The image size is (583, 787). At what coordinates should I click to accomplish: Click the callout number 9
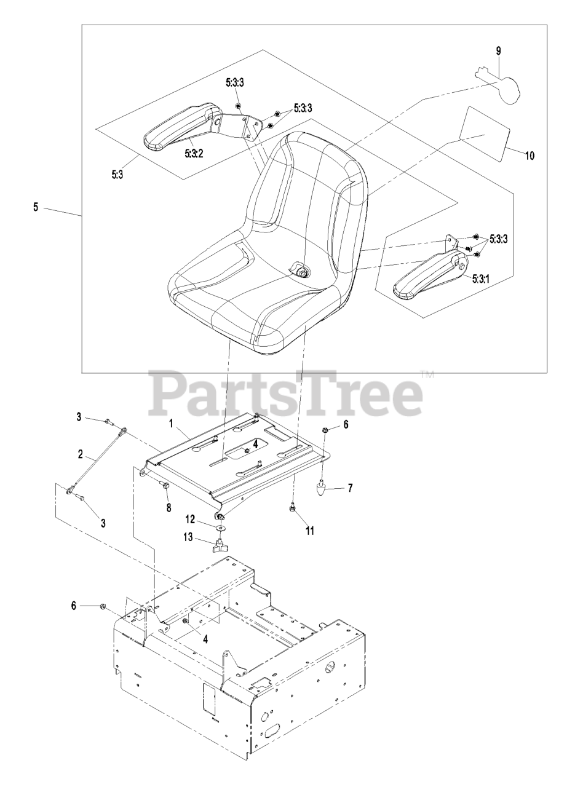click(499, 51)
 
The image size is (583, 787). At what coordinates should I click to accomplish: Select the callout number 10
click(529, 156)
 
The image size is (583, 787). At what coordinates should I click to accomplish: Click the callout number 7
click(350, 488)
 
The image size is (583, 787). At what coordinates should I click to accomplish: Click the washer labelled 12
click(220, 527)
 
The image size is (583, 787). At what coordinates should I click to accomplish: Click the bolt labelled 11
click(293, 508)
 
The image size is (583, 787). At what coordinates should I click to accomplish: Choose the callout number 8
click(168, 508)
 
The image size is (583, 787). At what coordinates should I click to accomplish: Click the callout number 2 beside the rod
click(80, 455)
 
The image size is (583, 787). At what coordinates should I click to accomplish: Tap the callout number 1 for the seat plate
click(171, 424)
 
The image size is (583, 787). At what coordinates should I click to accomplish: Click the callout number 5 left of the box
click(36, 208)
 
